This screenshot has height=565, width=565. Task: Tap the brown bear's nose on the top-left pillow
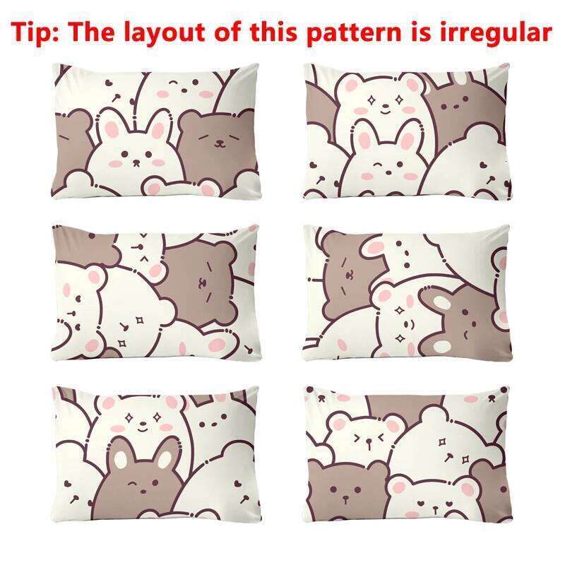coord(220,144)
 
